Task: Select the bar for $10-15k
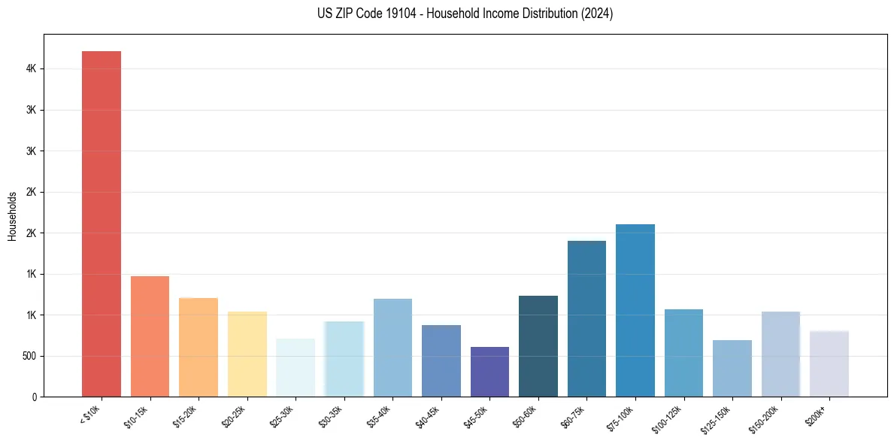tap(150, 336)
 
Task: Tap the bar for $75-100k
tap(635, 310)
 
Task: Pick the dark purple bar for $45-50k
tap(489, 372)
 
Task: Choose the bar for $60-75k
tap(586, 318)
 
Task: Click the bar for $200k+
tap(829, 363)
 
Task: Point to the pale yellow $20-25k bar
tap(247, 354)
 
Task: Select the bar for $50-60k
tap(538, 346)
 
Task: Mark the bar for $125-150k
tap(732, 368)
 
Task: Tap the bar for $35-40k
tap(392, 348)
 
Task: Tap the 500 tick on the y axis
tap(30, 356)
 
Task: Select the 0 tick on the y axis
tap(35, 397)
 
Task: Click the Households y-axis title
tap(13, 216)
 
